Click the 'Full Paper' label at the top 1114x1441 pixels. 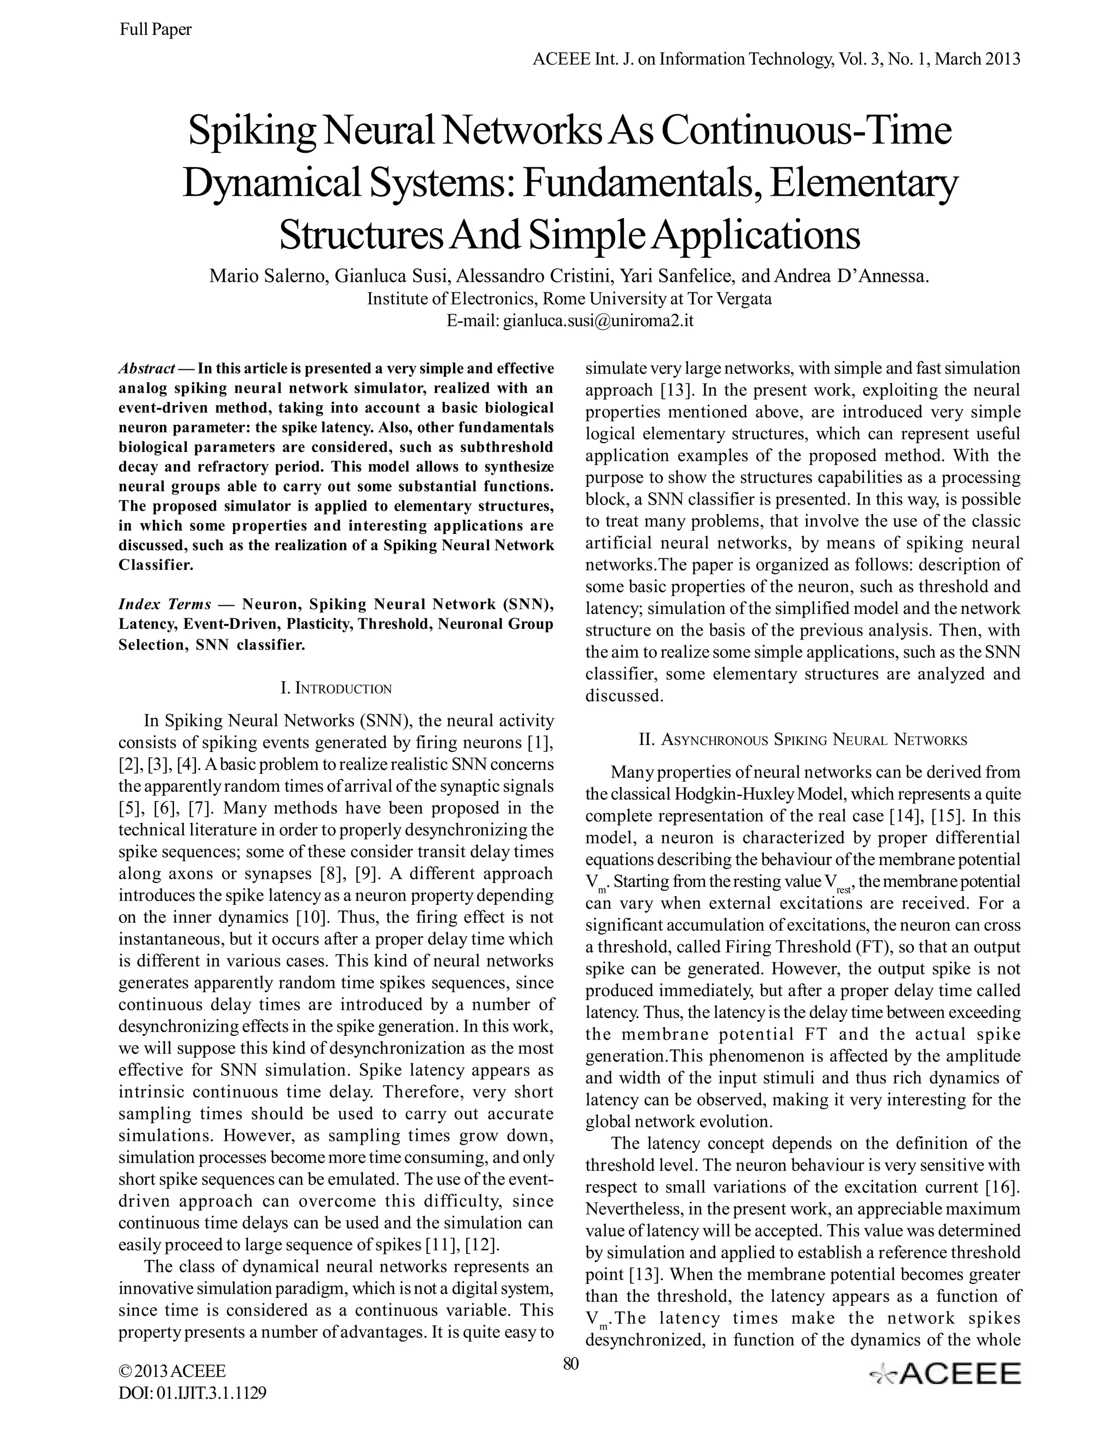(155, 30)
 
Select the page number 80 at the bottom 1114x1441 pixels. (570, 1363)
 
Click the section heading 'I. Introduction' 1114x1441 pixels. (336, 689)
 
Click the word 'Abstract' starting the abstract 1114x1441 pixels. (146, 368)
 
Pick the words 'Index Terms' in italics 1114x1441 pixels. (165, 604)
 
